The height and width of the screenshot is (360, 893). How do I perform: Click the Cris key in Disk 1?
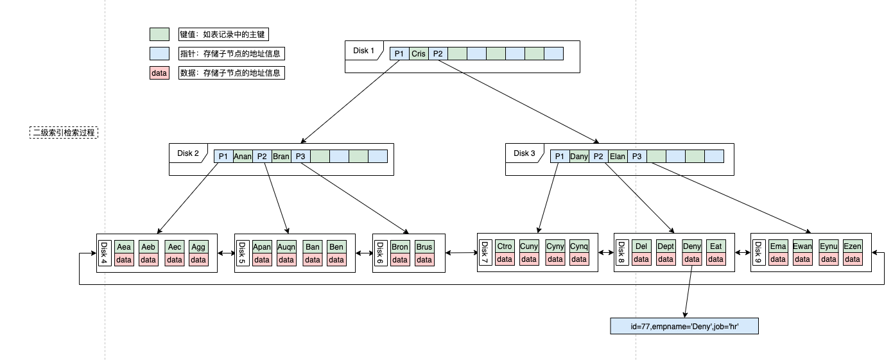[x=419, y=54]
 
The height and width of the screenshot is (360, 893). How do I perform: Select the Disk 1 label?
[x=363, y=51]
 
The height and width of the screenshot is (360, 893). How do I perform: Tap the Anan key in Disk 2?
[x=243, y=156]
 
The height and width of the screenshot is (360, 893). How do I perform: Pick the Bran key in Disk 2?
[x=281, y=156]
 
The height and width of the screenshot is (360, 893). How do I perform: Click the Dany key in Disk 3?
[x=579, y=156]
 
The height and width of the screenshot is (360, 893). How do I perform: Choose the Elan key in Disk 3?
[x=618, y=156]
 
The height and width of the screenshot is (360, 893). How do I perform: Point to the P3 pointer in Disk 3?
[x=637, y=156]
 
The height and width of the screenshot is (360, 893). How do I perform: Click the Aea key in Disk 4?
[x=124, y=247]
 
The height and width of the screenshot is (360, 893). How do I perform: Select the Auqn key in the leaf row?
[x=286, y=247]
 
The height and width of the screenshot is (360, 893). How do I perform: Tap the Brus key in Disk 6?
[x=424, y=247]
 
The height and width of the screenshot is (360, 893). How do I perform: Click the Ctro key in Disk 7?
[x=505, y=247]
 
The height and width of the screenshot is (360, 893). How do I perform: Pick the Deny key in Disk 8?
[x=692, y=247]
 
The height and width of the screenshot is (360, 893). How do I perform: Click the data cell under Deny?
[x=692, y=260]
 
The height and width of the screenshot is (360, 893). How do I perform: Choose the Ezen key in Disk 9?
[x=853, y=247]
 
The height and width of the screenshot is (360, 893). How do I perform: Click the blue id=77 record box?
[x=684, y=327]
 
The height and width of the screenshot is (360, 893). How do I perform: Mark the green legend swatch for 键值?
[x=159, y=34]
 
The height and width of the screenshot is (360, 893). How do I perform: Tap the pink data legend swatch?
[x=159, y=73]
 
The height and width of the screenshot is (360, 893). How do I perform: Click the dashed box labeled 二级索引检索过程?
[x=64, y=133]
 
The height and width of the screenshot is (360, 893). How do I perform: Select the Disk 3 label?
[x=525, y=153]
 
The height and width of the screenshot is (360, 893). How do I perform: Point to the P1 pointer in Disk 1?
[x=399, y=54]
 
